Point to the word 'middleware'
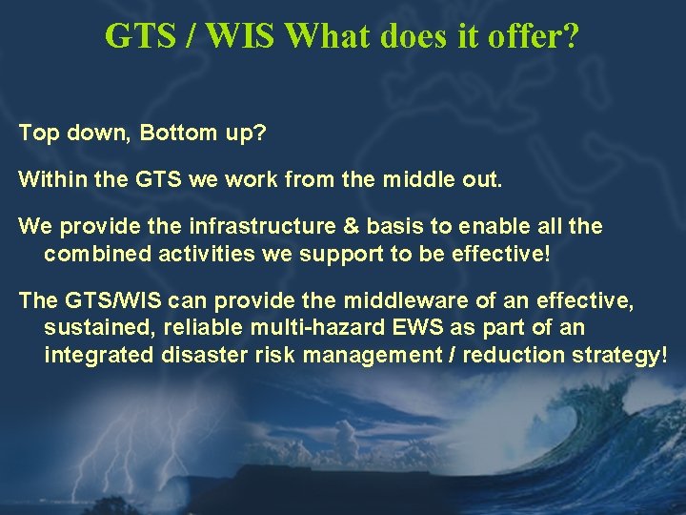pos(413,301)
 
